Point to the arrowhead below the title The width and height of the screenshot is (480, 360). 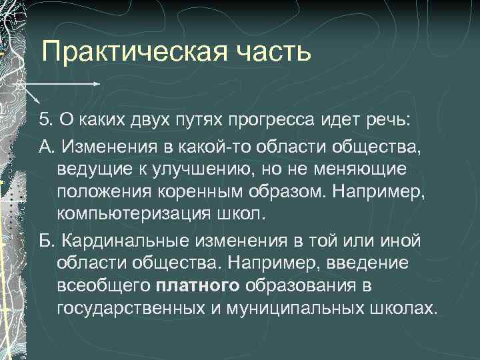[97, 85]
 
